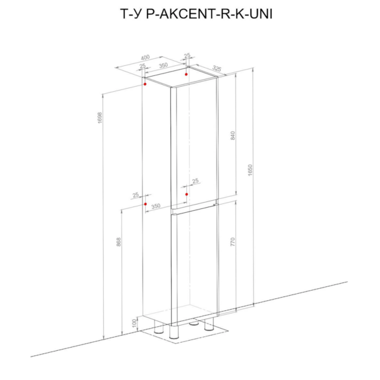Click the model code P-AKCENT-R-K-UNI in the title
pyautogui.click(x=210, y=14)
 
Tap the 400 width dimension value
pyautogui.click(x=145, y=58)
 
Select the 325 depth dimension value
pyautogui.click(x=217, y=68)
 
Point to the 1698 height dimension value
pyautogui.click(x=100, y=118)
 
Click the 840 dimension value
pyautogui.click(x=232, y=136)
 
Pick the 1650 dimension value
pyautogui.click(x=250, y=170)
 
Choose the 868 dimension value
pyautogui.click(x=118, y=242)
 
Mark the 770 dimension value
pyautogui.click(x=232, y=242)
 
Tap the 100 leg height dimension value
pyautogui.click(x=135, y=323)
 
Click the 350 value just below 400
pyautogui.click(x=163, y=65)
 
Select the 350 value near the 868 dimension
pyautogui.click(x=156, y=206)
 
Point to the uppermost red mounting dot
pyautogui.click(x=186, y=74)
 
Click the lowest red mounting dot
pyautogui.click(x=146, y=204)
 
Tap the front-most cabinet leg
pyautogui.click(x=174, y=332)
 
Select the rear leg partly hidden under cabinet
pyautogui.click(x=194, y=323)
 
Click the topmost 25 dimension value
pyautogui.click(x=187, y=56)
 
